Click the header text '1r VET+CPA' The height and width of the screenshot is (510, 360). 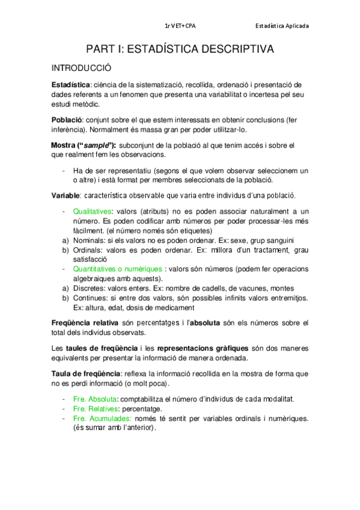tap(180, 26)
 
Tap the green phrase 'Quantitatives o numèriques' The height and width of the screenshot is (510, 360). tap(117, 268)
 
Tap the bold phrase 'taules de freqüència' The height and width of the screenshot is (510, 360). tap(103, 348)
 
